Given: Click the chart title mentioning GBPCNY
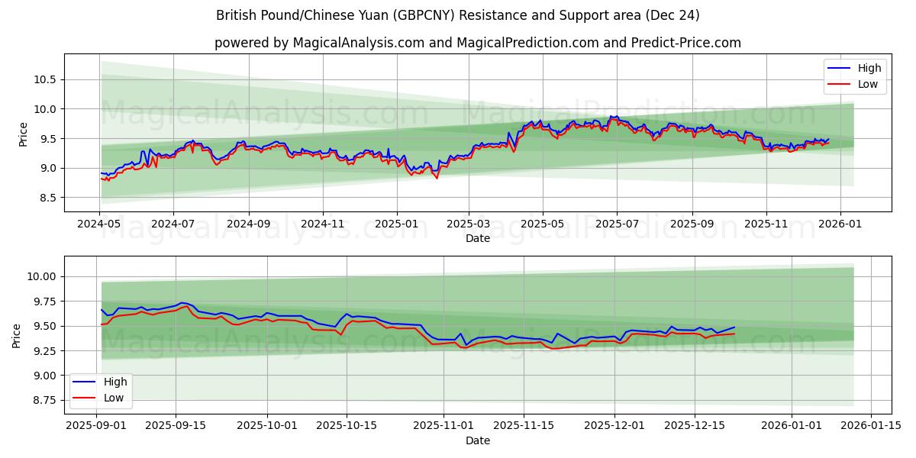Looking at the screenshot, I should (457, 15).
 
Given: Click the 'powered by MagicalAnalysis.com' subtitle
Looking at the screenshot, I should (477, 43).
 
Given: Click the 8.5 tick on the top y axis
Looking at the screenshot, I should (47, 198).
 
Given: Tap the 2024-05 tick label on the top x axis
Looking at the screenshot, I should (99, 225).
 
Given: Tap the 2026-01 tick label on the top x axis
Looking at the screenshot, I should (840, 225).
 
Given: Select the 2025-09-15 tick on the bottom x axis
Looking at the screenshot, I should (176, 425).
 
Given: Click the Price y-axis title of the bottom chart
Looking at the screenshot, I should (18, 335).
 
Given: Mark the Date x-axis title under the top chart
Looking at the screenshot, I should (477, 239).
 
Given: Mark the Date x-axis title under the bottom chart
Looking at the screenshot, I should (477, 440).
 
